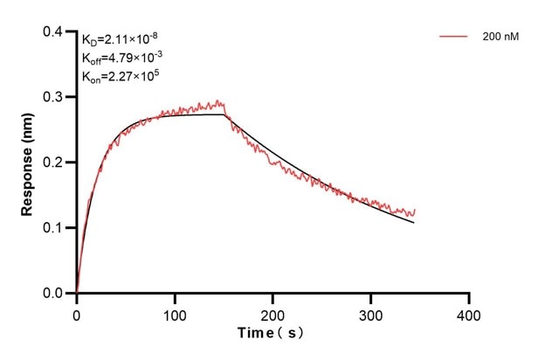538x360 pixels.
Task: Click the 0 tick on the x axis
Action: coord(77,313)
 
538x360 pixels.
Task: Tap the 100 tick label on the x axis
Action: coord(175,313)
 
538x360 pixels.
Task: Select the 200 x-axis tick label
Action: coord(273,313)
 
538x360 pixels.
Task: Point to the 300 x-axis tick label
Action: coord(371,313)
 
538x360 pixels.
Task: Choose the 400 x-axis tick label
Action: coord(469,313)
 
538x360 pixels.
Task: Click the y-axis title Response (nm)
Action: coord(27,163)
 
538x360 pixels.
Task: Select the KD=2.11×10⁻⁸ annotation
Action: coord(120,39)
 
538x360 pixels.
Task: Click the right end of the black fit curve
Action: coord(414,223)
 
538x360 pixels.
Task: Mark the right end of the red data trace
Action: coord(415,210)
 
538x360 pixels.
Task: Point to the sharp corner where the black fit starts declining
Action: coord(224,114)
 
